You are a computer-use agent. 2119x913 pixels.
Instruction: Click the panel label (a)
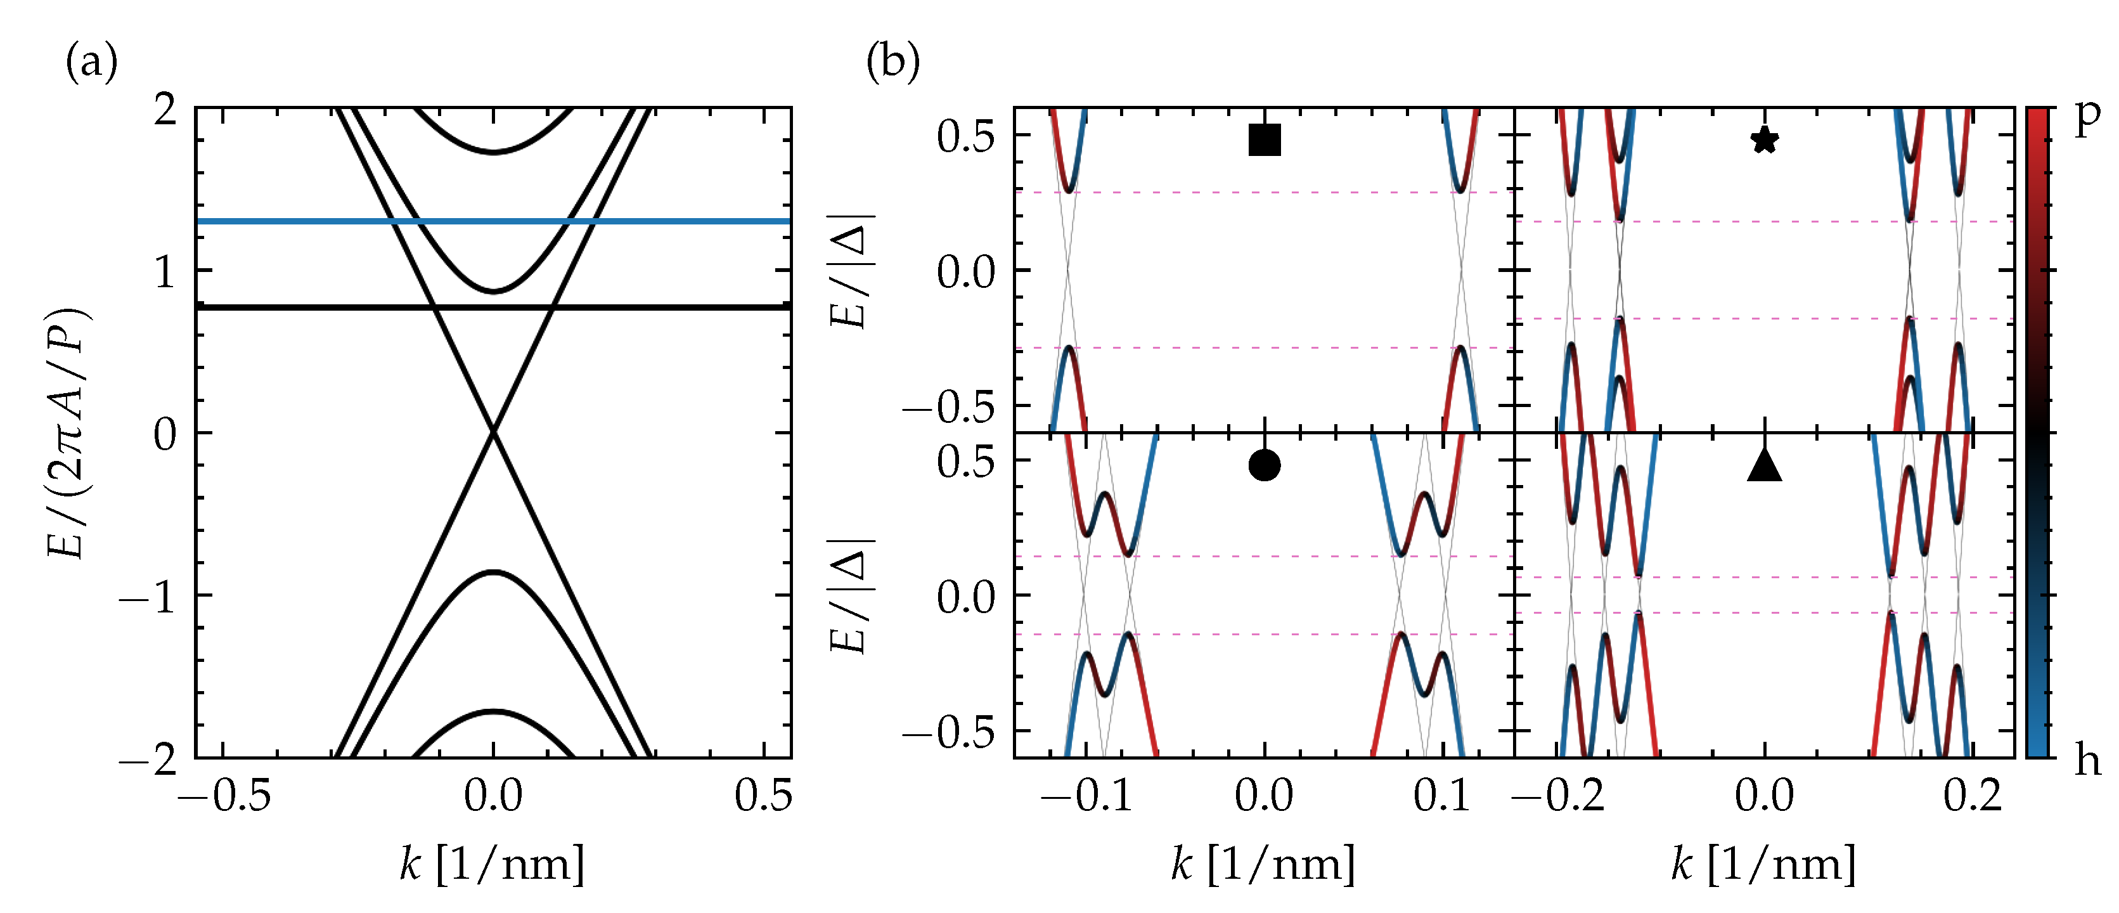pyautogui.click(x=91, y=63)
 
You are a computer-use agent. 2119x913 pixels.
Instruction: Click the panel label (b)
pyautogui.click(x=892, y=63)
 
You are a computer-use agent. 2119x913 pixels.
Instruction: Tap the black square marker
pyautogui.click(x=1265, y=140)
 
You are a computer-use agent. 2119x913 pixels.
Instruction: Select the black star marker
pyautogui.click(x=1763, y=140)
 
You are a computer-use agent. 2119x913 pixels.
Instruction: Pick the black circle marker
pyautogui.click(x=1265, y=465)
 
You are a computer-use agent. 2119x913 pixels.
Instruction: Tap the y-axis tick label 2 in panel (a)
pyautogui.click(x=165, y=110)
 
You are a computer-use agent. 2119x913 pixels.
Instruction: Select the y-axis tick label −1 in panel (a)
pyautogui.click(x=149, y=597)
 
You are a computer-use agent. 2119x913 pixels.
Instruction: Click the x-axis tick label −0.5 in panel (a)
pyautogui.click(x=224, y=796)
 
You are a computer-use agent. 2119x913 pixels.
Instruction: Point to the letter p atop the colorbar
pyautogui.click(x=2087, y=119)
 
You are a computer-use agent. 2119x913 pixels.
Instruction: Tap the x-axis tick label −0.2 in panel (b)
pyautogui.click(x=1558, y=796)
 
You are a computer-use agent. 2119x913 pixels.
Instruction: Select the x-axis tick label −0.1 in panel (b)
pyautogui.click(x=1086, y=796)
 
